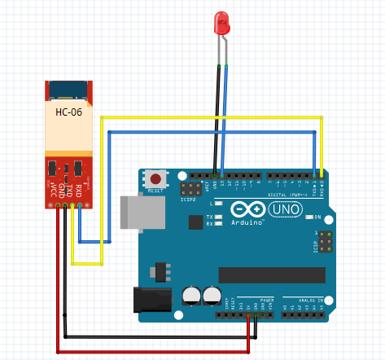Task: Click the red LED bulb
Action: (x=221, y=22)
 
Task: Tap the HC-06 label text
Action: (x=68, y=112)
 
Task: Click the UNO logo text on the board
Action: (x=285, y=209)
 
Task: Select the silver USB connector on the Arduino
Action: (x=134, y=212)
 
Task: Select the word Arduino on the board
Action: (x=248, y=222)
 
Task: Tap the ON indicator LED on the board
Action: (x=309, y=217)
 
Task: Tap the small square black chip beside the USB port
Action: (x=195, y=222)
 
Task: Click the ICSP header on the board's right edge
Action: (x=326, y=242)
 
